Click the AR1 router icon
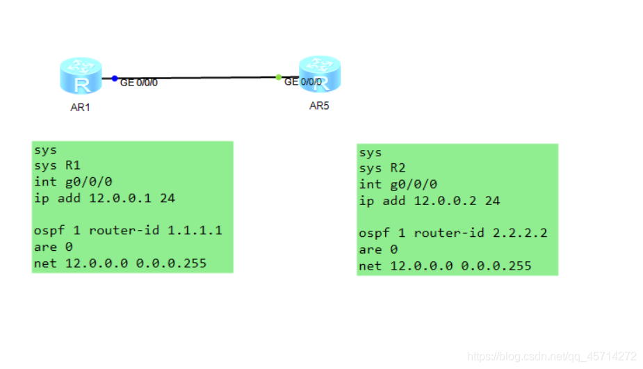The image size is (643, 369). (81, 76)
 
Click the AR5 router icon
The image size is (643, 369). (320, 74)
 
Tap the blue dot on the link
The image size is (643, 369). (115, 79)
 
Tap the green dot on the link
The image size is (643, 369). (278, 77)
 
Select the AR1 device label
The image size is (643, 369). (81, 108)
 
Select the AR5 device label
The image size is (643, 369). (319, 106)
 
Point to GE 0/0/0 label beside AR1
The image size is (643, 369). (139, 83)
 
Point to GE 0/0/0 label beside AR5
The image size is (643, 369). (303, 82)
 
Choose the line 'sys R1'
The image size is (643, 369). (57, 165)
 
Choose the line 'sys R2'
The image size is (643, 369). (382, 168)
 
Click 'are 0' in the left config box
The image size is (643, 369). (53, 247)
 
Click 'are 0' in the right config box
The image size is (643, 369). (378, 249)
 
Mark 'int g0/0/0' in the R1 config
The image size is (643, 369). (72, 181)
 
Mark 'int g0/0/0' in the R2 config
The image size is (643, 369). (398, 184)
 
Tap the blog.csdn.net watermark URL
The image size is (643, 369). (552, 356)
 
